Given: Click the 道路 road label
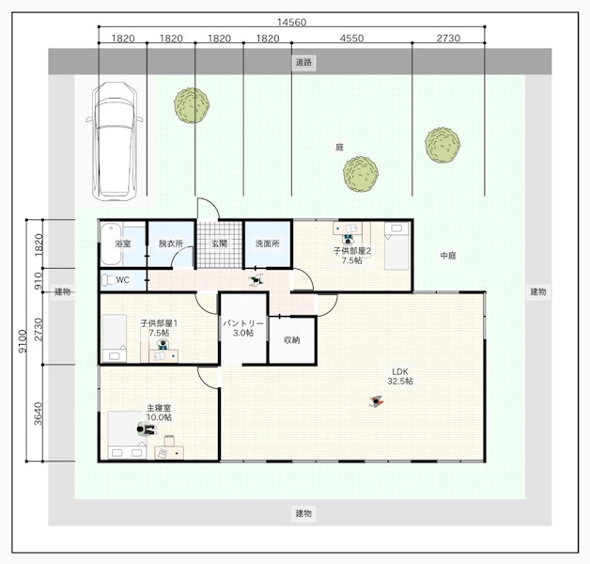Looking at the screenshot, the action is (303, 62).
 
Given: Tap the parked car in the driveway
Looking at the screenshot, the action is (115, 141).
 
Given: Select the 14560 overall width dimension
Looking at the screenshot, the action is (291, 23).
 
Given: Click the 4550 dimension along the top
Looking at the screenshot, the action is (351, 39).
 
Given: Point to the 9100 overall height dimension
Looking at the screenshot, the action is (23, 340).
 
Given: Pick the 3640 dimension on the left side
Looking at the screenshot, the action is (38, 413).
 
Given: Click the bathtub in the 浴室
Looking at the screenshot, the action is (111, 244).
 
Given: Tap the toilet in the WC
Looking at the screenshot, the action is (109, 280).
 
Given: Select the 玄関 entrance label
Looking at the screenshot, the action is (219, 243).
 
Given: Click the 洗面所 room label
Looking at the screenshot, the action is (268, 243).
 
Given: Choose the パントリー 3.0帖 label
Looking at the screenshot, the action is (243, 328).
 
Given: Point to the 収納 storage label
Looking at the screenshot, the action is (291, 340).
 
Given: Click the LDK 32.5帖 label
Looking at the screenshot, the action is (400, 377).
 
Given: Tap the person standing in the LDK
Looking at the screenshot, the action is (376, 401).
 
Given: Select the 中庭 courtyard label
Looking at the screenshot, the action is (448, 256).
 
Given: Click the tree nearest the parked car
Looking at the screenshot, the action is (192, 105).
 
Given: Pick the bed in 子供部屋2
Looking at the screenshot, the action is (396, 246).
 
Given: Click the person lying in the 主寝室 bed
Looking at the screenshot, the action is (147, 430).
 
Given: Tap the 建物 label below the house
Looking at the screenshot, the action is (303, 513).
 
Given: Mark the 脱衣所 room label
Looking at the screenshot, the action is (171, 243).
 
